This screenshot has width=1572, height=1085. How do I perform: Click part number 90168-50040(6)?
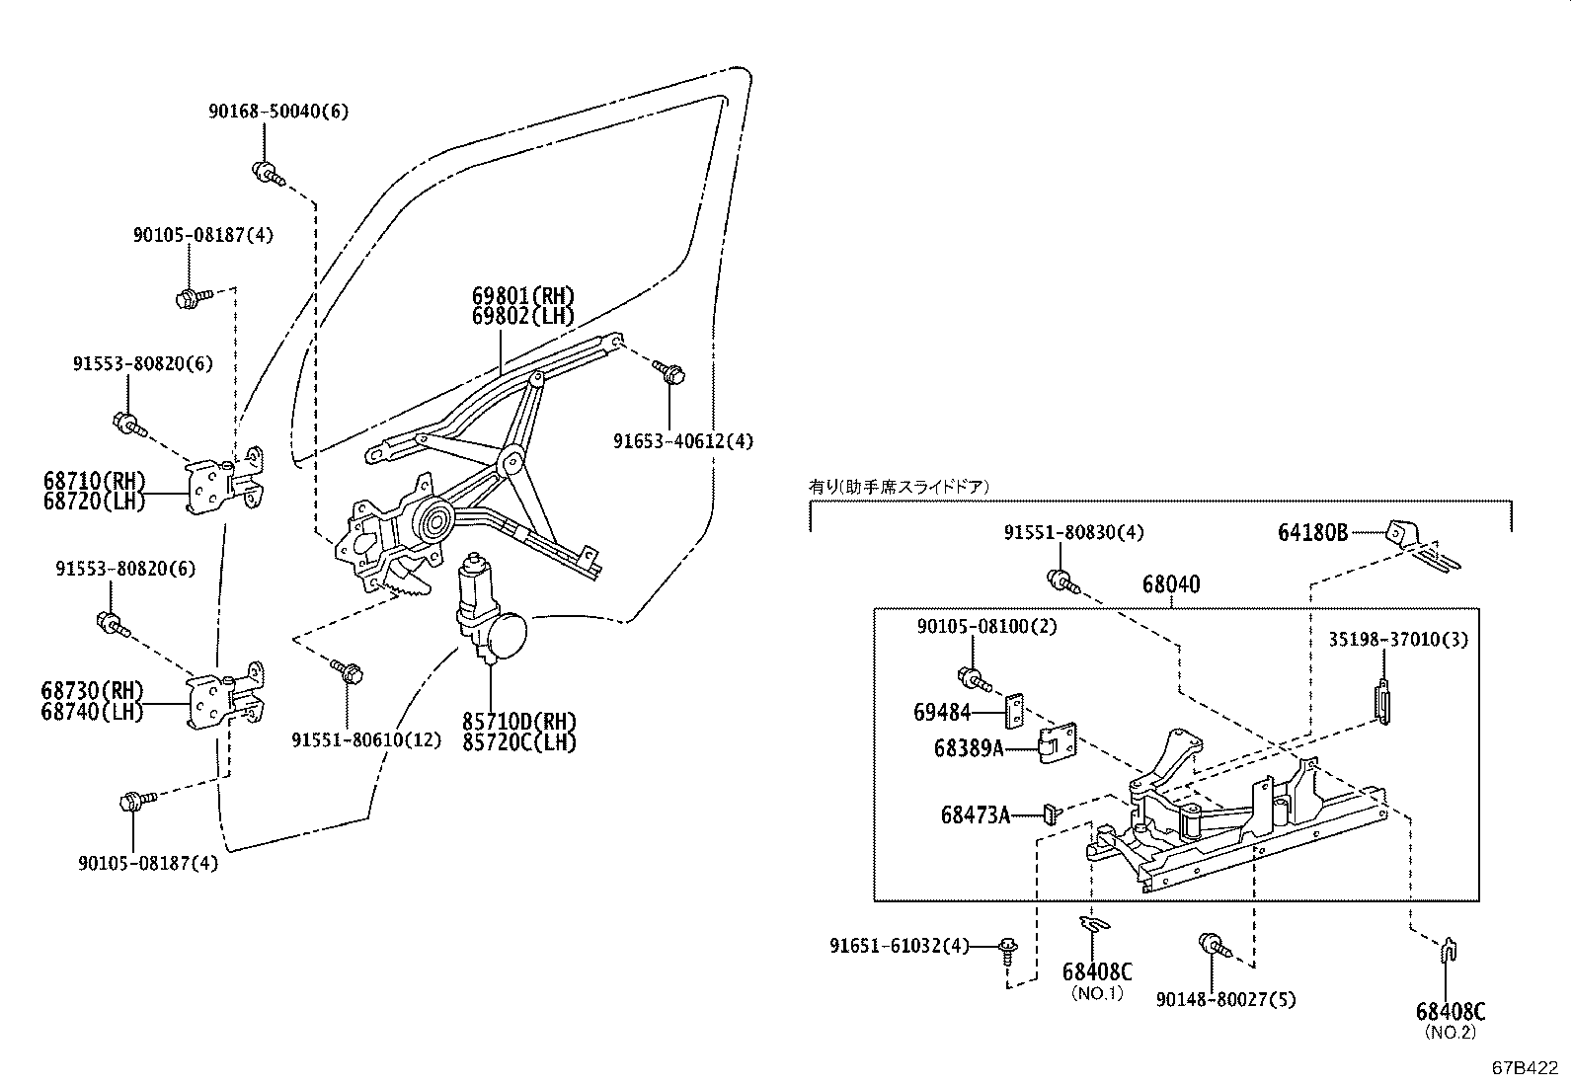pyautogui.click(x=277, y=112)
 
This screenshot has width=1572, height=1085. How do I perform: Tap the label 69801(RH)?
pyautogui.click(x=522, y=296)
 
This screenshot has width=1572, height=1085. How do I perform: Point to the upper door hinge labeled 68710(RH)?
pyautogui.click(x=225, y=484)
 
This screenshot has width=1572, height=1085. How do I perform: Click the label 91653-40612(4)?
pyautogui.click(x=681, y=441)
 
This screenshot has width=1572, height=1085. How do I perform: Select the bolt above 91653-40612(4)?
pyautogui.click(x=670, y=373)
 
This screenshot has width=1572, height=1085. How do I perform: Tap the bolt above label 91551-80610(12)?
pyautogui.click(x=348, y=671)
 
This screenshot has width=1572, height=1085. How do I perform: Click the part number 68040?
pyautogui.click(x=1171, y=584)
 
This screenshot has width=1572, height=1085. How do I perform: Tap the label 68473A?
pyautogui.click(x=976, y=815)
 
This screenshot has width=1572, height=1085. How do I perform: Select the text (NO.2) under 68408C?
pyautogui.click(x=1450, y=1033)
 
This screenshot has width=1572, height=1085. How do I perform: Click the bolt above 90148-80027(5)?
pyautogui.click(x=1212, y=946)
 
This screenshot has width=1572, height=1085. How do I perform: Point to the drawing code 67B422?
pyautogui.click(x=1525, y=1068)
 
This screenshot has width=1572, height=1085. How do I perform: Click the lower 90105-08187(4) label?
pyautogui.click(x=148, y=863)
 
